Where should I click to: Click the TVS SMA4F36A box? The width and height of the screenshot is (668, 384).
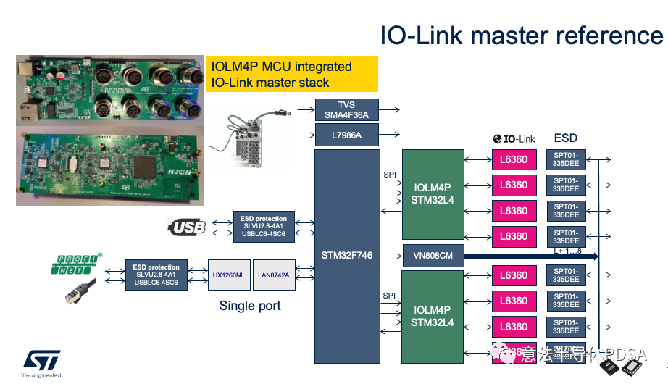tap(347, 110)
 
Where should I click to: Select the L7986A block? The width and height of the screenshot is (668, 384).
tap(347, 135)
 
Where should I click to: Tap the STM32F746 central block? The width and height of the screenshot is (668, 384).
tap(347, 255)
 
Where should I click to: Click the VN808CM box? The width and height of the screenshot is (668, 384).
tap(433, 255)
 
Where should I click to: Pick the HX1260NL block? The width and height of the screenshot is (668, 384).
tap(229, 275)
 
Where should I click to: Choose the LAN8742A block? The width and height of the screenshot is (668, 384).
tap(274, 275)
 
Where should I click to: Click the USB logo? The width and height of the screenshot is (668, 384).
tap(188, 228)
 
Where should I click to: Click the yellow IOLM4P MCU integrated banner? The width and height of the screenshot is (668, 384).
tap(292, 74)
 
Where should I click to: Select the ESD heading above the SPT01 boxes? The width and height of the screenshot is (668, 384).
tap(565, 138)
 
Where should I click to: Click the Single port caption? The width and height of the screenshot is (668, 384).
tap(250, 306)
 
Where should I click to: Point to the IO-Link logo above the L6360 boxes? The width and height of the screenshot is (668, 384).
tap(513, 138)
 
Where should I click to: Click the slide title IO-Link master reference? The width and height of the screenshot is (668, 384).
tap(521, 36)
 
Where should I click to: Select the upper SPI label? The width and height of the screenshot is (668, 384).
tap(390, 175)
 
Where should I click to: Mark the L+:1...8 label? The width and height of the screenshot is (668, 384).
tap(568, 250)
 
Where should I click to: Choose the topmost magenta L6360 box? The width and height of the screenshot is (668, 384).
tap(514, 159)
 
